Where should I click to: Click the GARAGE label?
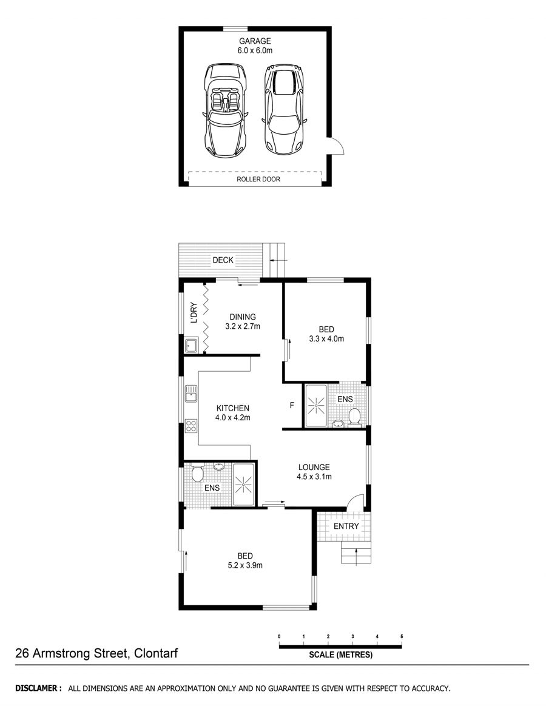tap(255, 41)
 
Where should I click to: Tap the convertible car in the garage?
tap(226, 110)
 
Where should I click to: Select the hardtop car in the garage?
tap(285, 108)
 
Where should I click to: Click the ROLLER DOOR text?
tap(258, 179)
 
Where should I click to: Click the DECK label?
tap(223, 260)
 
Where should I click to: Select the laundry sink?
tap(191, 345)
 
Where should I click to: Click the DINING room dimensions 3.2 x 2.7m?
tap(243, 326)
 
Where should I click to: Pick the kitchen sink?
tap(191, 394)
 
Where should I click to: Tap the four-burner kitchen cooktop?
tap(191, 426)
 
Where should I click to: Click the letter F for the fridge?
tap(292, 405)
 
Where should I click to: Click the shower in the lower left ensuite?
tap(243, 484)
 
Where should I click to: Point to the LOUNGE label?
tap(314, 468)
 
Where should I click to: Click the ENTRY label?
tap(346, 526)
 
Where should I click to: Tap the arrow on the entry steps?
tap(356, 556)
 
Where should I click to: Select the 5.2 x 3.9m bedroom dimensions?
tap(245, 565)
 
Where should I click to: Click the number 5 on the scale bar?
tap(402, 637)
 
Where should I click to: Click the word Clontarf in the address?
tap(155, 653)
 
